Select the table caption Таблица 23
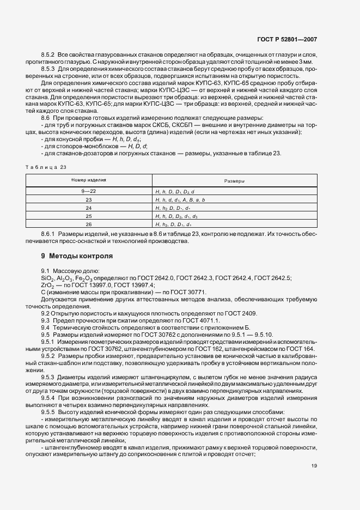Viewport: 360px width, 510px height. pos(50,167)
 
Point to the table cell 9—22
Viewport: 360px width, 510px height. pos(89,192)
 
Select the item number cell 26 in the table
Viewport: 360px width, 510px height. pos(89,224)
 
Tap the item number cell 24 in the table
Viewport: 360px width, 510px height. pos(89,208)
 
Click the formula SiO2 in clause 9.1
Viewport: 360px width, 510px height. pos(47,278)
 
